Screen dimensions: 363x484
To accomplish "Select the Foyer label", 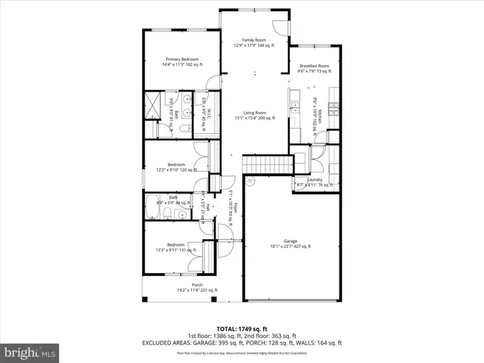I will click(x=234, y=206).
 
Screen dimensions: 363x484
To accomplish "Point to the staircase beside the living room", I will click(x=266, y=164).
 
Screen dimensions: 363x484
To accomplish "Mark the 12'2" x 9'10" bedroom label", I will click(x=176, y=167).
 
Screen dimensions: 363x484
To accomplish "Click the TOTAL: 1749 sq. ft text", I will click(x=242, y=328).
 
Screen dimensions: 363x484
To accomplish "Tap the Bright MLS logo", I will click(x=29, y=352).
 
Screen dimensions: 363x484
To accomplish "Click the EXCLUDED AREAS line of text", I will click(x=242, y=343).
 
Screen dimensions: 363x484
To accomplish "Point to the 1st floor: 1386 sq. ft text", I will click(x=216, y=336).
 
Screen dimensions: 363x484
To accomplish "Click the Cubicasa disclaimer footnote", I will click(x=242, y=352).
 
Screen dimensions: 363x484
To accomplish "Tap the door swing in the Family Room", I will click(x=281, y=27).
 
